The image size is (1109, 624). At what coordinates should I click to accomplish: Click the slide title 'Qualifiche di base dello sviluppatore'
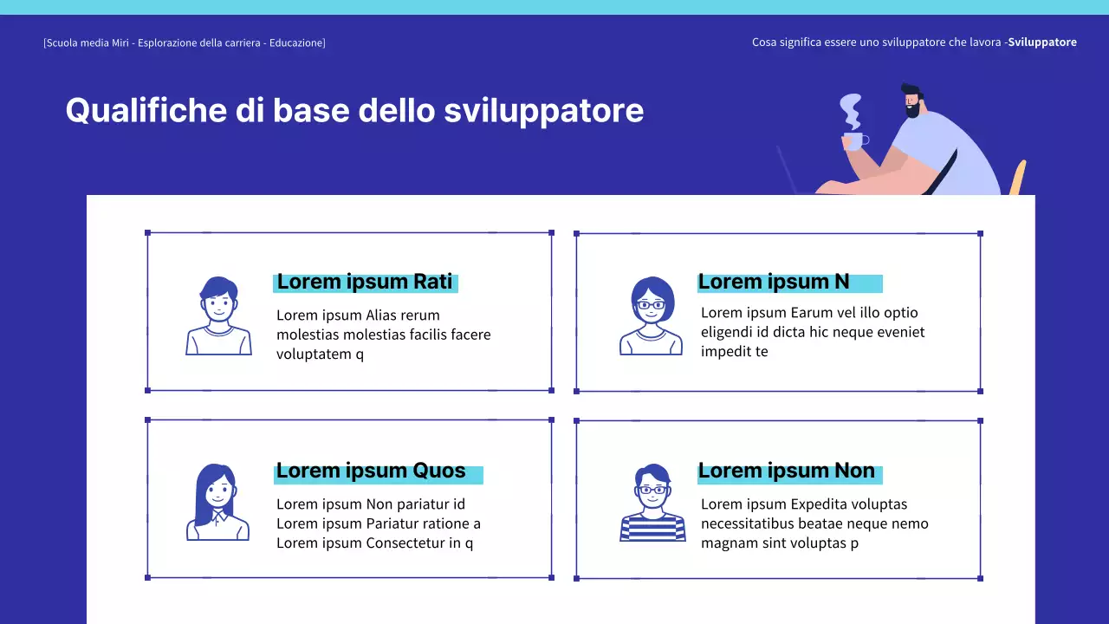354,111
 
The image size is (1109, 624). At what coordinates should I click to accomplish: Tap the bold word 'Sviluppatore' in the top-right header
1042,42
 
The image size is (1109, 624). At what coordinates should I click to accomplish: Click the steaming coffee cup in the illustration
853,140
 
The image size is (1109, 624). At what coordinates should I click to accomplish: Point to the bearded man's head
911,100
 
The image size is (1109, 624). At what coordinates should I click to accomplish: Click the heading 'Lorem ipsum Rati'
365,282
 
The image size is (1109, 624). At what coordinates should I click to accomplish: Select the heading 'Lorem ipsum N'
774,282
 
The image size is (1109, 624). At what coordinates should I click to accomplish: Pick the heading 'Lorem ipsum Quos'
371,471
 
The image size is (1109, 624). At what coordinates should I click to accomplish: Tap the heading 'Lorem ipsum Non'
787,471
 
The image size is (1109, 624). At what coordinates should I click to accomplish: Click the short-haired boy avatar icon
218,315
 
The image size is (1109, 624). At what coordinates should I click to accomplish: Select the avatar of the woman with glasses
652,315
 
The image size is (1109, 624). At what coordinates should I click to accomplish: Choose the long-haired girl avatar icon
217,503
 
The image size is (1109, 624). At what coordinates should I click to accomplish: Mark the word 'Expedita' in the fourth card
817,504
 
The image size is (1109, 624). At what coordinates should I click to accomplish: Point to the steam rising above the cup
852,111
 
